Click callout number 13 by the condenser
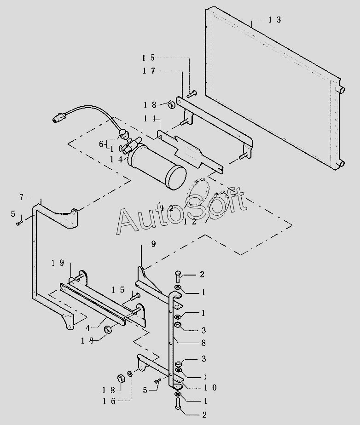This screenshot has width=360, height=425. (x=275, y=20)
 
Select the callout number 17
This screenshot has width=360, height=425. (x=149, y=71)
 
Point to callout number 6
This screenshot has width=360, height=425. (x=102, y=144)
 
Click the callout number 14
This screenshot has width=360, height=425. (x=116, y=159)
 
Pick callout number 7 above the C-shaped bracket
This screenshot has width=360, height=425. (x=21, y=197)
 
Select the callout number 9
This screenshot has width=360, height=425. (x=153, y=244)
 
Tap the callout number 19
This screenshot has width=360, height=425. (x=58, y=263)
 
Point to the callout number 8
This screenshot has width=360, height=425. (x=203, y=343)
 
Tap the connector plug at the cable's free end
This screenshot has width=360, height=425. (x=58, y=121)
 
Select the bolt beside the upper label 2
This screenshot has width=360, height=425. (x=179, y=277)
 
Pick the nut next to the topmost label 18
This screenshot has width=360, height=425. (x=170, y=105)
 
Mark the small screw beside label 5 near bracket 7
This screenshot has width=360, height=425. (x=18, y=223)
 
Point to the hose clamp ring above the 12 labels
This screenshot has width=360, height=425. (x=201, y=189)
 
